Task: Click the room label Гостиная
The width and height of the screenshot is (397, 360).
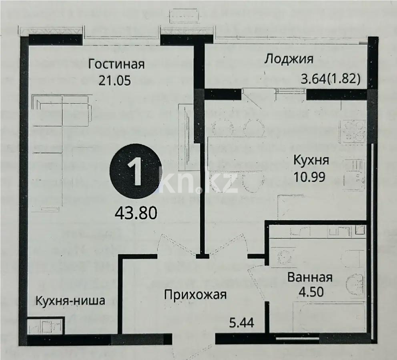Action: [116, 64]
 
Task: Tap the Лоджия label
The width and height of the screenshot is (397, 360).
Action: [289, 59]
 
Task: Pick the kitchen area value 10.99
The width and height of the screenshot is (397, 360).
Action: [311, 176]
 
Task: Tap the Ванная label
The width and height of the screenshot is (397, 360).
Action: [310, 277]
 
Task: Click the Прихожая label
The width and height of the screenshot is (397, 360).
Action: [196, 295]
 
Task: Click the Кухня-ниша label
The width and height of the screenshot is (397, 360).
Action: [70, 300]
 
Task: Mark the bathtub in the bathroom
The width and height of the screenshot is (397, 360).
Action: [328, 316]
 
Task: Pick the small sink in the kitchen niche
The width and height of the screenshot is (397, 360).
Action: [45, 326]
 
